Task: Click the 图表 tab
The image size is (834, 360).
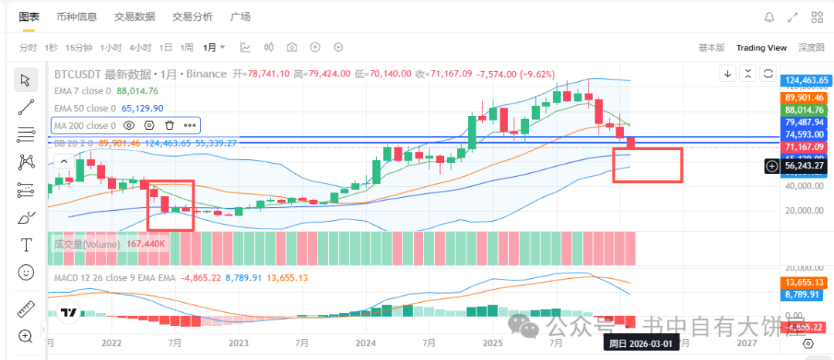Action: pos(29,16)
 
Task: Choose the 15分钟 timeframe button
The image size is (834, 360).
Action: pos(79,47)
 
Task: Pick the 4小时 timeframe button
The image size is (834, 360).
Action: pos(140,47)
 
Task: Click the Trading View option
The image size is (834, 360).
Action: pos(761,48)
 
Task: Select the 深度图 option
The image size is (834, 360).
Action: pos(811,48)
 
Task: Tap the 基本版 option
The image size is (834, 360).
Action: pos(711,48)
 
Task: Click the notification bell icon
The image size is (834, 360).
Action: pos(769,17)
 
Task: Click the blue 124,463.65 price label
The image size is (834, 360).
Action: pos(805,80)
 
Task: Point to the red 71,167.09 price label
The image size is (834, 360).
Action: pos(805,147)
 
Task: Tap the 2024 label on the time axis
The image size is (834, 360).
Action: pos(365,342)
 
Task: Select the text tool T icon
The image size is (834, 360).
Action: pos(26,245)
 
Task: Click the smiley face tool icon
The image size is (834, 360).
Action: pos(26,272)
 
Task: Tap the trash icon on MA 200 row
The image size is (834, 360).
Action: pos(169,125)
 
